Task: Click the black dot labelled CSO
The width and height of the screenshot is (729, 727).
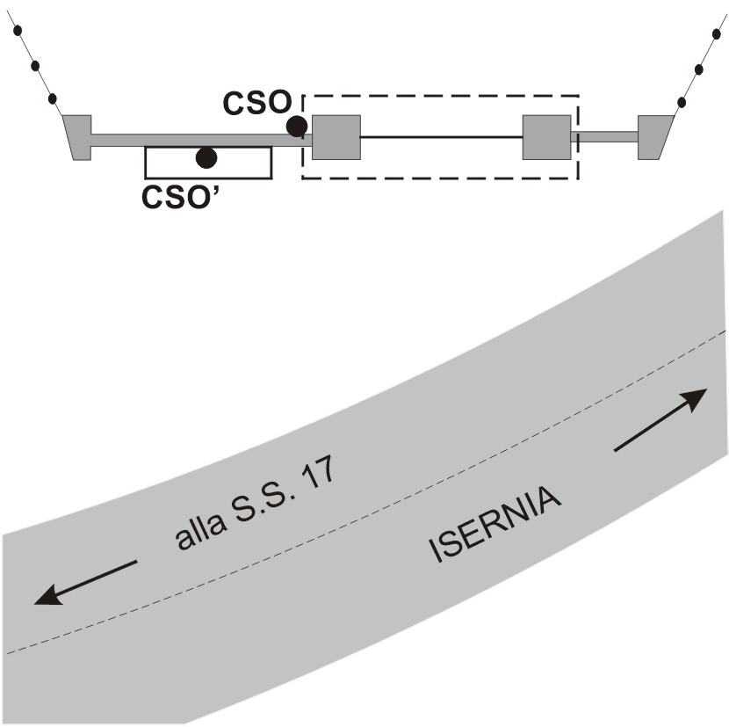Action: coord(297,126)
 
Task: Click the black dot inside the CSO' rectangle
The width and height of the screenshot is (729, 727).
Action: coord(206,157)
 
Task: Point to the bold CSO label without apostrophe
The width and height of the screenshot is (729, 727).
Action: coord(256,104)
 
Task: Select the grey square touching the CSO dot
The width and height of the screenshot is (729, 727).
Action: coord(336,137)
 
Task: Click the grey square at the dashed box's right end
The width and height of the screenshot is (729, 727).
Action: coord(546,137)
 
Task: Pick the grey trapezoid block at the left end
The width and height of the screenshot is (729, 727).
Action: coord(79,137)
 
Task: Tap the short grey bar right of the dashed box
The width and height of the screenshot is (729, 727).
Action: coord(605,136)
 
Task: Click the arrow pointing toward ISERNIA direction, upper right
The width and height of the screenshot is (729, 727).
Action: coord(660,419)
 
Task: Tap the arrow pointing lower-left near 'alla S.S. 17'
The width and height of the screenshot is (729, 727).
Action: coord(85,582)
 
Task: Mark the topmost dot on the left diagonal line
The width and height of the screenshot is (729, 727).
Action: coord(17,30)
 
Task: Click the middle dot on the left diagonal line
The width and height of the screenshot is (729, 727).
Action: coord(35,65)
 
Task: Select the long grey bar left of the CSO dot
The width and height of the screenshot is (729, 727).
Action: coord(193,140)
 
